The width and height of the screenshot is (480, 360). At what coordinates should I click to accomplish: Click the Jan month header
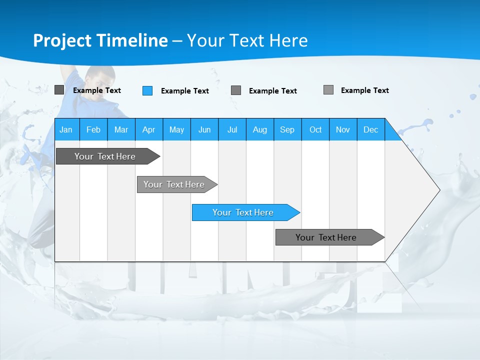click(x=66, y=129)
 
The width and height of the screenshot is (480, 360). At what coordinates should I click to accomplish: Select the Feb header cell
click(x=93, y=129)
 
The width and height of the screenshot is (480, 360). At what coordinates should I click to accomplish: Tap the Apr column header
click(x=148, y=129)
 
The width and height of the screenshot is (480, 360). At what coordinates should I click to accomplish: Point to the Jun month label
click(x=204, y=129)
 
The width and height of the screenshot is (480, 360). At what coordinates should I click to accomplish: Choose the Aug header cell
click(x=259, y=129)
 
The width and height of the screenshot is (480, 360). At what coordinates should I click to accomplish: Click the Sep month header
click(x=287, y=129)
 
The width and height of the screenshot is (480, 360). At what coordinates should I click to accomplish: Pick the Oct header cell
click(x=315, y=129)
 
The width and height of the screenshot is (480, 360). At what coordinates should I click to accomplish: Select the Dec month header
click(x=370, y=129)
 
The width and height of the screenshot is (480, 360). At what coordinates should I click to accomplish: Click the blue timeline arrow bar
click(x=245, y=212)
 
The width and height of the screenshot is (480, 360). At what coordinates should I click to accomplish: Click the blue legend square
click(x=147, y=90)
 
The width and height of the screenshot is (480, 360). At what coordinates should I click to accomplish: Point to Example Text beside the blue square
click(x=184, y=91)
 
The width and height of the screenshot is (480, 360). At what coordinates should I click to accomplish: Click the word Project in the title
click(x=62, y=40)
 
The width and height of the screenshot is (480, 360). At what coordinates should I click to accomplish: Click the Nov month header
click(x=343, y=129)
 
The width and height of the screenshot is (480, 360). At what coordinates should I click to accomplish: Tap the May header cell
click(x=176, y=129)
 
